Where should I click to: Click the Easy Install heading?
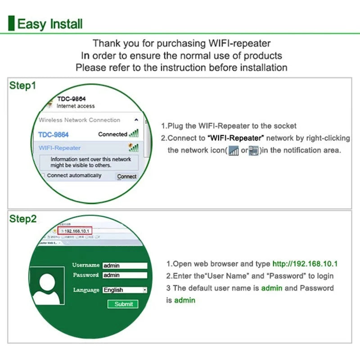click(x=49, y=23)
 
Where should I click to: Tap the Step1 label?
click(x=23, y=85)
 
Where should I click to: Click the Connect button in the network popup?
click(x=126, y=176)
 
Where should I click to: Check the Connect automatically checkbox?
click(x=43, y=175)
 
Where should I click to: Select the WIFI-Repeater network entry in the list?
click(x=60, y=148)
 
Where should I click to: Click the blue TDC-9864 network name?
click(x=54, y=135)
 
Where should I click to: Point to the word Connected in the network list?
click(x=112, y=134)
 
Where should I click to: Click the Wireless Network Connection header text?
click(x=80, y=120)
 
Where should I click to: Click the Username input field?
click(x=125, y=265)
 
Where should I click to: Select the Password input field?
click(x=125, y=275)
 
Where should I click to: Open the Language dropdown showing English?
click(x=125, y=290)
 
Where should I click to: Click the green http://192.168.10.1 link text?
click(x=305, y=264)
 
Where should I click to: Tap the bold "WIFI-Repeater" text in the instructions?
click(x=236, y=138)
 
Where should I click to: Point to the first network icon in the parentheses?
click(x=233, y=151)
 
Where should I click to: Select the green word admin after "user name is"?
click(x=271, y=288)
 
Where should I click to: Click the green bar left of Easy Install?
click(x=12, y=23)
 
